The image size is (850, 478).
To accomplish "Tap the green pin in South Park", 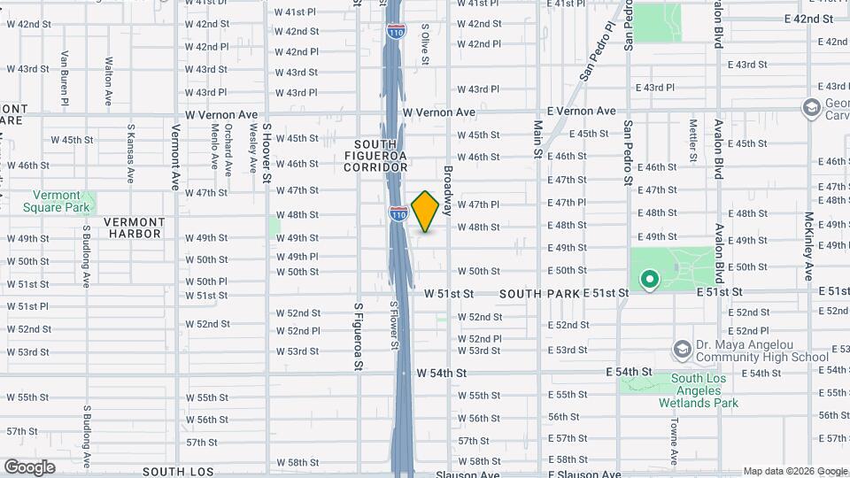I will pyautogui.click(x=649, y=281).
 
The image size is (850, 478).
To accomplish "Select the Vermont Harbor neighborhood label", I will pyautogui.click(x=133, y=227).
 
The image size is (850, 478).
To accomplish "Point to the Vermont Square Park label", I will pyautogui.click(x=62, y=201).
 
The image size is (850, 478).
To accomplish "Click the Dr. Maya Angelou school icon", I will pyautogui.click(x=682, y=350).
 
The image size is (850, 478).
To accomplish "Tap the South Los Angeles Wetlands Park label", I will pyautogui.click(x=699, y=390).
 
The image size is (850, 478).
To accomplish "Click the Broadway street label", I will pyautogui.click(x=448, y=190).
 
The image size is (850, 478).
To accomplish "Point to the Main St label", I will pyautogui.click(x=537, y=140).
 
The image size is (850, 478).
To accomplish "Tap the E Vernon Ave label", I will pyautogui.click(x=581, y=112).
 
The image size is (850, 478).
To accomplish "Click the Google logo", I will pyautogui.click(x=29, y=466).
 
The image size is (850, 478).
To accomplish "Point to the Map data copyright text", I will pyautogui.click(x=794, y=471).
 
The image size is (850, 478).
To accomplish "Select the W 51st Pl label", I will pyautogui.click(x=27, y=306).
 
